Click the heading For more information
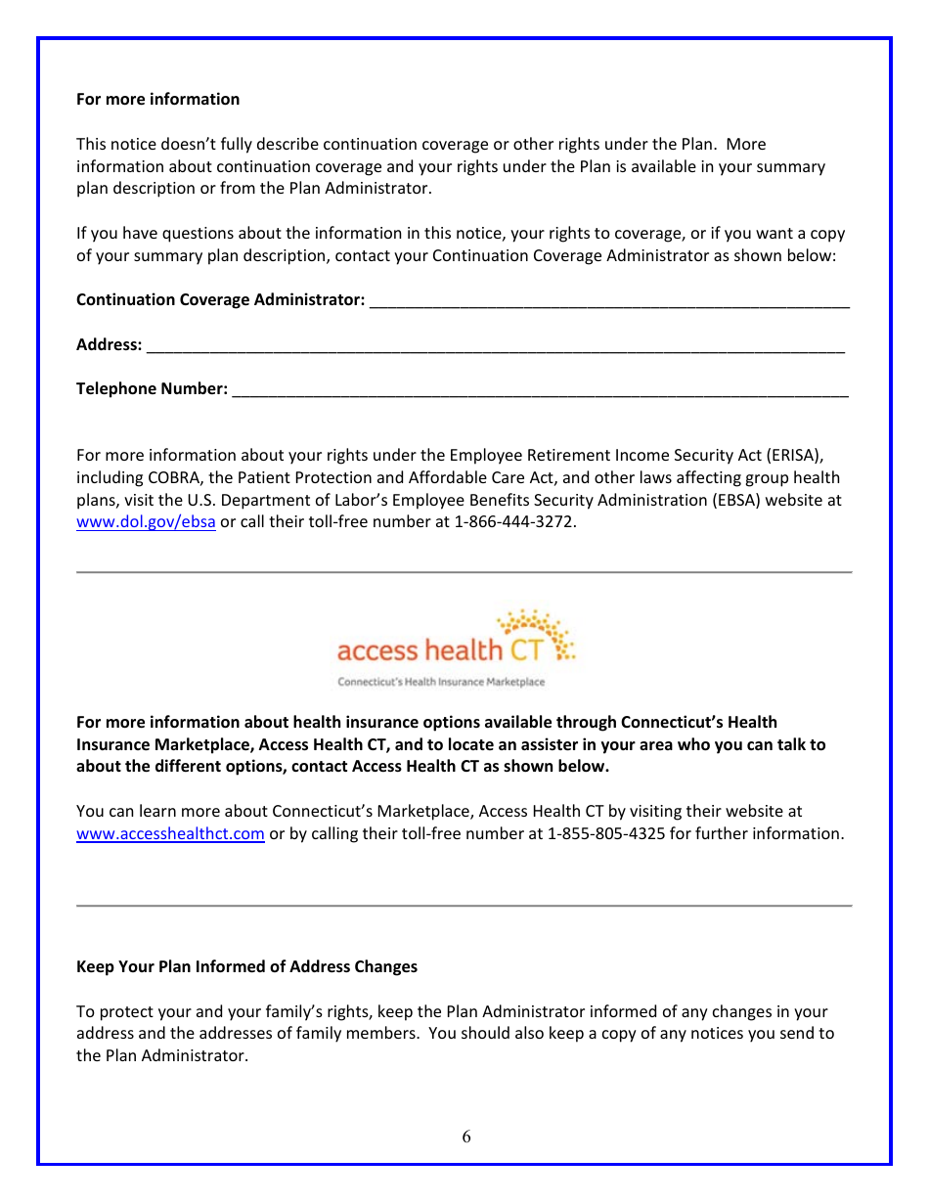pos(157,99)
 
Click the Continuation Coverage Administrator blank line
pos(609,300)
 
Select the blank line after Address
pos(495,345)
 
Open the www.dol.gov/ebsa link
pos(146,522)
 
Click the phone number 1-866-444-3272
pos(514,522)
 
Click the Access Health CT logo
pos(455,646)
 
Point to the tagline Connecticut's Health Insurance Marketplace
pos(441,682)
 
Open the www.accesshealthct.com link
pos(170,834)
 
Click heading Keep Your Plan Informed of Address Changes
pos(246,966)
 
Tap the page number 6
pos(466,1136)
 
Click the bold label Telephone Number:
pos(152,389)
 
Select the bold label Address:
pos(109,345)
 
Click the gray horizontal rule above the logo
pos(464,572)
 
